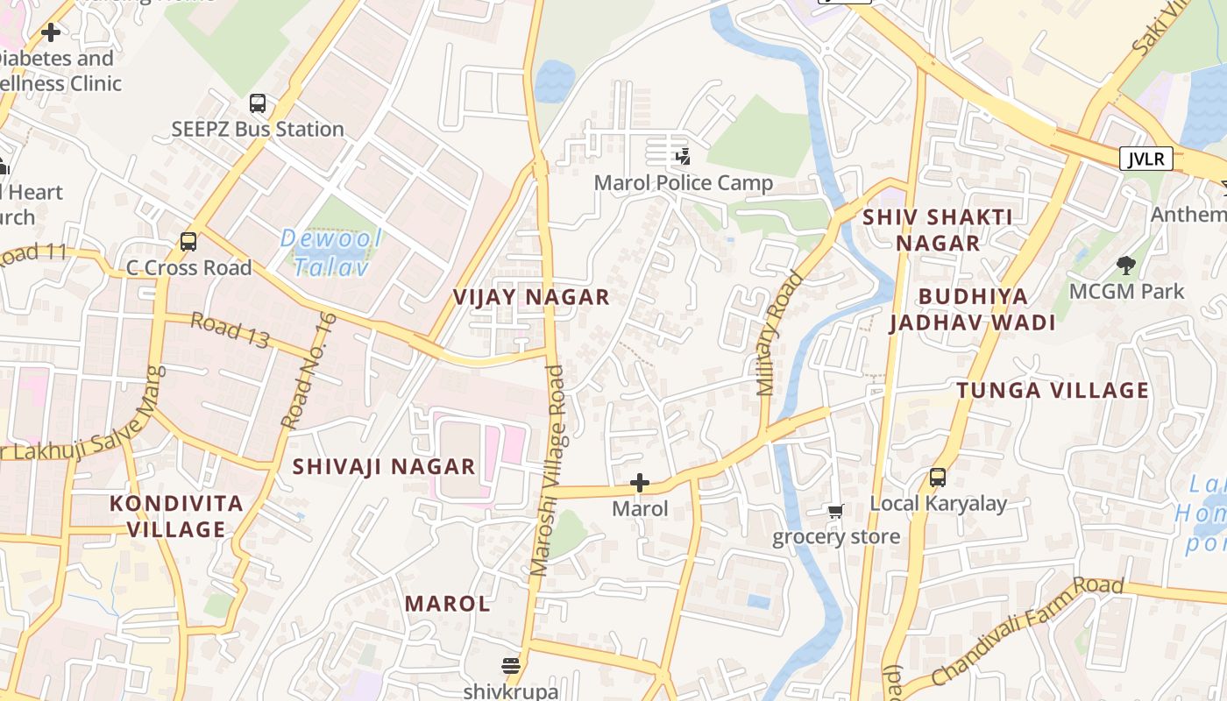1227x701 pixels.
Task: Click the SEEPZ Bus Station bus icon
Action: click(257, 103)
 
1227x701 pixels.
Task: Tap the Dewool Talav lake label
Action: click(330, 252)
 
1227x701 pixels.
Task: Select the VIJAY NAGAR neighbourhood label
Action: click(531, 297)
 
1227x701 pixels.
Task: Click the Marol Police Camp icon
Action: click(683, 158)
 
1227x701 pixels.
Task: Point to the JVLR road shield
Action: click(1145, 159)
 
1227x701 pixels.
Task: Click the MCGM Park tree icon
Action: click(1126, 265)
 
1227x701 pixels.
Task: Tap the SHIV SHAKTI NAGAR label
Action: click(938, 230)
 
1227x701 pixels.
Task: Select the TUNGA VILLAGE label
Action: click(1053, 391)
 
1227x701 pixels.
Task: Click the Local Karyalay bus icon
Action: click(938, 478)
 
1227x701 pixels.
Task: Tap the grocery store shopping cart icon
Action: click(835, 511)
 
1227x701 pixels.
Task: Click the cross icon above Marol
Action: click(640, 483)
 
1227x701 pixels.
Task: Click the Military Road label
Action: click(779, 334)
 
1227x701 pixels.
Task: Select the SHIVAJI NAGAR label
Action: click(384, 466)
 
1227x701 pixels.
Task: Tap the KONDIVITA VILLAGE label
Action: click(176, 516)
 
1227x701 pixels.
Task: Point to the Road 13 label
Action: click(230, 330)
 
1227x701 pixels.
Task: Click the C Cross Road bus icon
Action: click(188, 242)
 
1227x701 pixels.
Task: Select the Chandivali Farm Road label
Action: click(1027, 631)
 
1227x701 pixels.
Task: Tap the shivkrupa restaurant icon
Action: click(511, 666)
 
